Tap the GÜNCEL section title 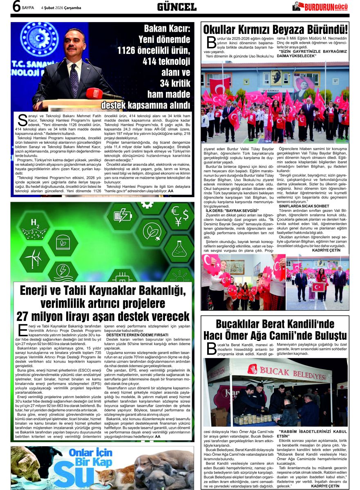coord(177,7)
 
